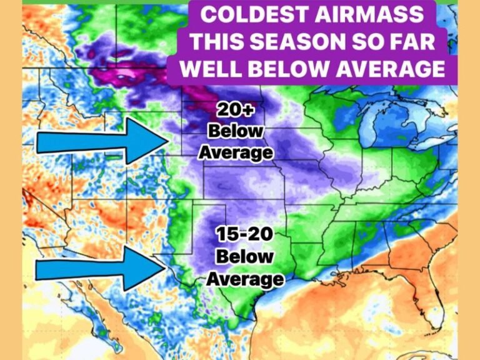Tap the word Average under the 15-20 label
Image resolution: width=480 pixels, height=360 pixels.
coord(244,278)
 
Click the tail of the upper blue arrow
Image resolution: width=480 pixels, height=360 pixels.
coord(39,142)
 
